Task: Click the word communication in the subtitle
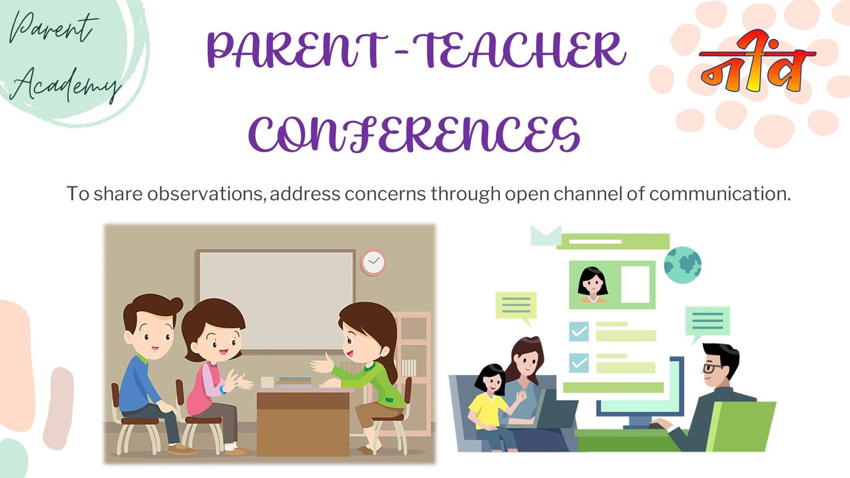click(x=720, y=193)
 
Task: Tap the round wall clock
click(x=373, y=262)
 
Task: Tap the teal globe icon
click(x=683, y=265)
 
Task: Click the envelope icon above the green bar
click(x=546, y=235)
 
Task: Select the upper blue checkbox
click(x=579, y=331)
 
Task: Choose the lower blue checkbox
click(x=579, y=363)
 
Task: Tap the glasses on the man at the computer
click(x=712, y=368)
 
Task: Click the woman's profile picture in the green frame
click(x=593, y=285)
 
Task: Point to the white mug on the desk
click(x=268, y=382)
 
